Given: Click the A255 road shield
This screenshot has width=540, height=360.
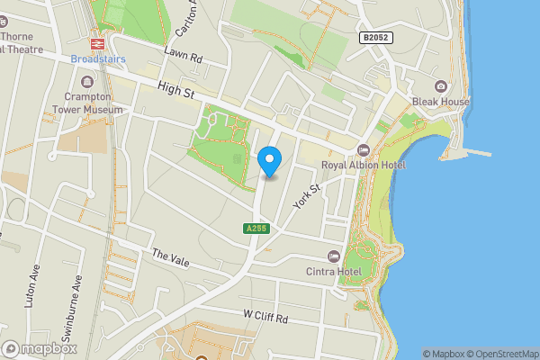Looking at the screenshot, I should [256, 229].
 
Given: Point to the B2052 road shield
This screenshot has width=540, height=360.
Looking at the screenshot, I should [376, 38].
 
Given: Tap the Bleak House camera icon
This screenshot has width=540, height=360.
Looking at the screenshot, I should [441, 86].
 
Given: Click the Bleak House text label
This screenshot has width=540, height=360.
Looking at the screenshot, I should [441, 102].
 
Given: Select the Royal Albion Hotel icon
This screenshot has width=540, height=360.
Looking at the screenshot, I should [364, 149].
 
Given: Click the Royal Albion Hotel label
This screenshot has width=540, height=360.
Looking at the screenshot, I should [364, 166].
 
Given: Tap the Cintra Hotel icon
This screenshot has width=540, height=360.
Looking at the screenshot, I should [335, 256].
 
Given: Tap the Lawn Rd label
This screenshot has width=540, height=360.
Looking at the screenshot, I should [184, 56].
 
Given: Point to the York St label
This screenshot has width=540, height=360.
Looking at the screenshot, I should [307, 197].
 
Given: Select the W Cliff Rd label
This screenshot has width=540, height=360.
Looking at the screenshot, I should [265, 318].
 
